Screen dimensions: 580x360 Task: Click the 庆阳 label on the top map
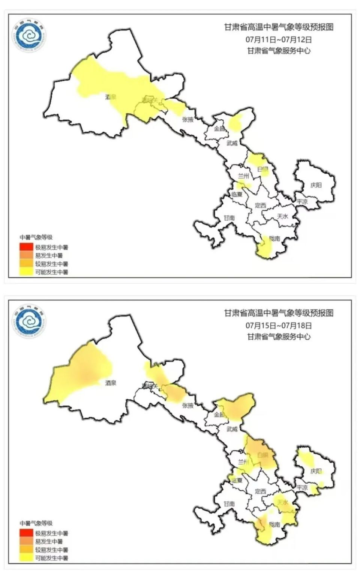(316, 185)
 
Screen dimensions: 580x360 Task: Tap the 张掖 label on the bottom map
(187, 406)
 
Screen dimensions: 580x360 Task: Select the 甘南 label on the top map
(229, 218)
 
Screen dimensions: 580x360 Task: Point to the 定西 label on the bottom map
(260, 491)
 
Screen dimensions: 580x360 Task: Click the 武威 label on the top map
(232, 143)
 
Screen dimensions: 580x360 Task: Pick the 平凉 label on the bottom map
(302, 487)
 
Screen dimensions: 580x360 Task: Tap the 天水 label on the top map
(282, 216)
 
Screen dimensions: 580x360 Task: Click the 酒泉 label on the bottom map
(111, 383)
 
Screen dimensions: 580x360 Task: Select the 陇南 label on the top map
(274, 239)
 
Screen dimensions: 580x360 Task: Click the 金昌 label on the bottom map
(219, 415)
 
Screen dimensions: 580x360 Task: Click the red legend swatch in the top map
(27, 247)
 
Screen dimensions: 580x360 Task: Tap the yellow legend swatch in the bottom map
(27, 558)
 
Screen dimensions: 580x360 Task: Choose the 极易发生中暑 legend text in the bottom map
(52, 533)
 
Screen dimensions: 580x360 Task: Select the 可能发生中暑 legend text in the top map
(52, 272)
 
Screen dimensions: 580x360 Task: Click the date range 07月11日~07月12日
(279, 39)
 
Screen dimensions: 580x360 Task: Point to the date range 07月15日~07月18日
(279, 325)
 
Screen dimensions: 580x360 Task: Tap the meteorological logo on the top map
(29, 36)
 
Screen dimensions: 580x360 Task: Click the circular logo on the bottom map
(29, 322)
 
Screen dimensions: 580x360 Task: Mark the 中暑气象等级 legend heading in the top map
(36, 237)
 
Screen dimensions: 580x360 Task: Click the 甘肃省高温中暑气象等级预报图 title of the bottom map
(279, 313)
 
